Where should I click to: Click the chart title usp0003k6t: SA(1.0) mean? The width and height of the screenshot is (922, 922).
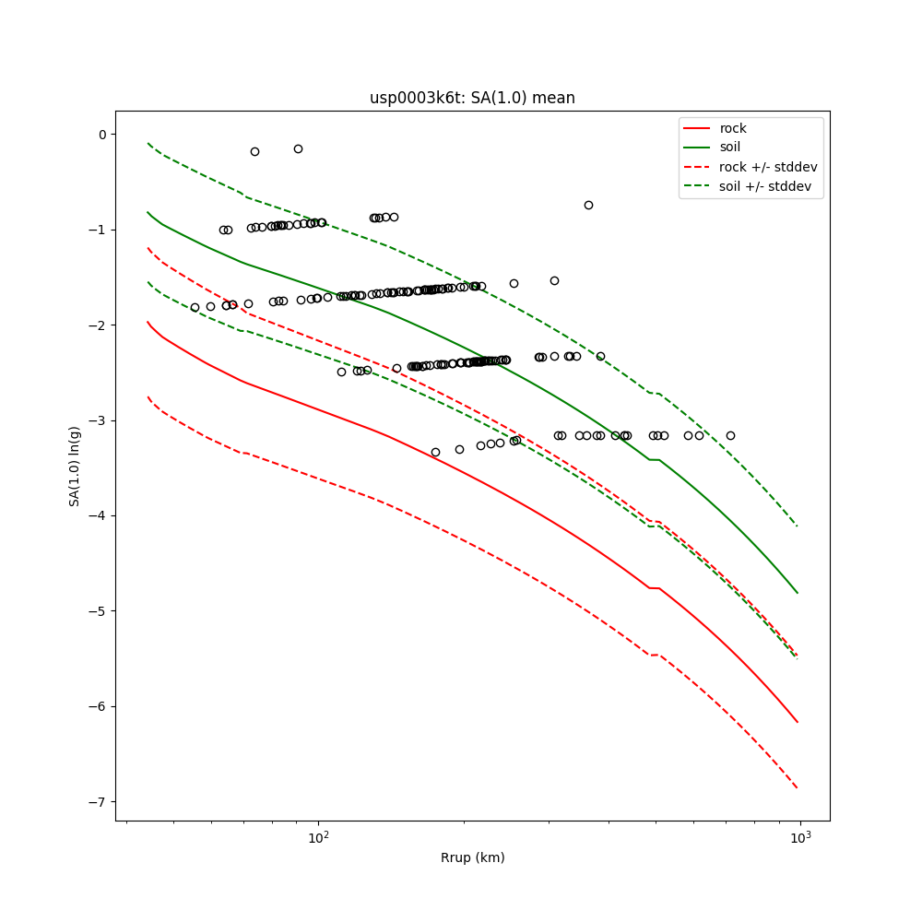(x=472, y=98)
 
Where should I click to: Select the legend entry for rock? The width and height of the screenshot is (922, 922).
(x=733, y=128)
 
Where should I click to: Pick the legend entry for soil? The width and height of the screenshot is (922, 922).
(x=730, y=148)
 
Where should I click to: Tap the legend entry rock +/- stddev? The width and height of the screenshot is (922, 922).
(x=768, y=167)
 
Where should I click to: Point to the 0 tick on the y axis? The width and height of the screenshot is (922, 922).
(x=101, y=135)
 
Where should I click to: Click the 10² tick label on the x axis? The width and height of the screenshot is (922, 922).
(x=318, y=837)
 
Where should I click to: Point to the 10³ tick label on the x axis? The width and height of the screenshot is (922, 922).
(x=800, y=837)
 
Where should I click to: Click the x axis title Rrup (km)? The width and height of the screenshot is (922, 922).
(x=472, y=857)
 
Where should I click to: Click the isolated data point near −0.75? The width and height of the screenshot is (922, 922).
(x=588, y=205)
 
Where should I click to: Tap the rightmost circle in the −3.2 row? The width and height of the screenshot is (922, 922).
(x=730, y=435)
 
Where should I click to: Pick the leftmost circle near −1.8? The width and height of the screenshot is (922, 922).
(x=195, y=307)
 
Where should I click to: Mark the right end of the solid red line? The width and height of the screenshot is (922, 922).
(x=798, y=722)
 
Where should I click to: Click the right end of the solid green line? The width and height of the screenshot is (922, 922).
(x=798, y=593)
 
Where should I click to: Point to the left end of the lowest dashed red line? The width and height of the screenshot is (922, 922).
(x=148, y=396)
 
